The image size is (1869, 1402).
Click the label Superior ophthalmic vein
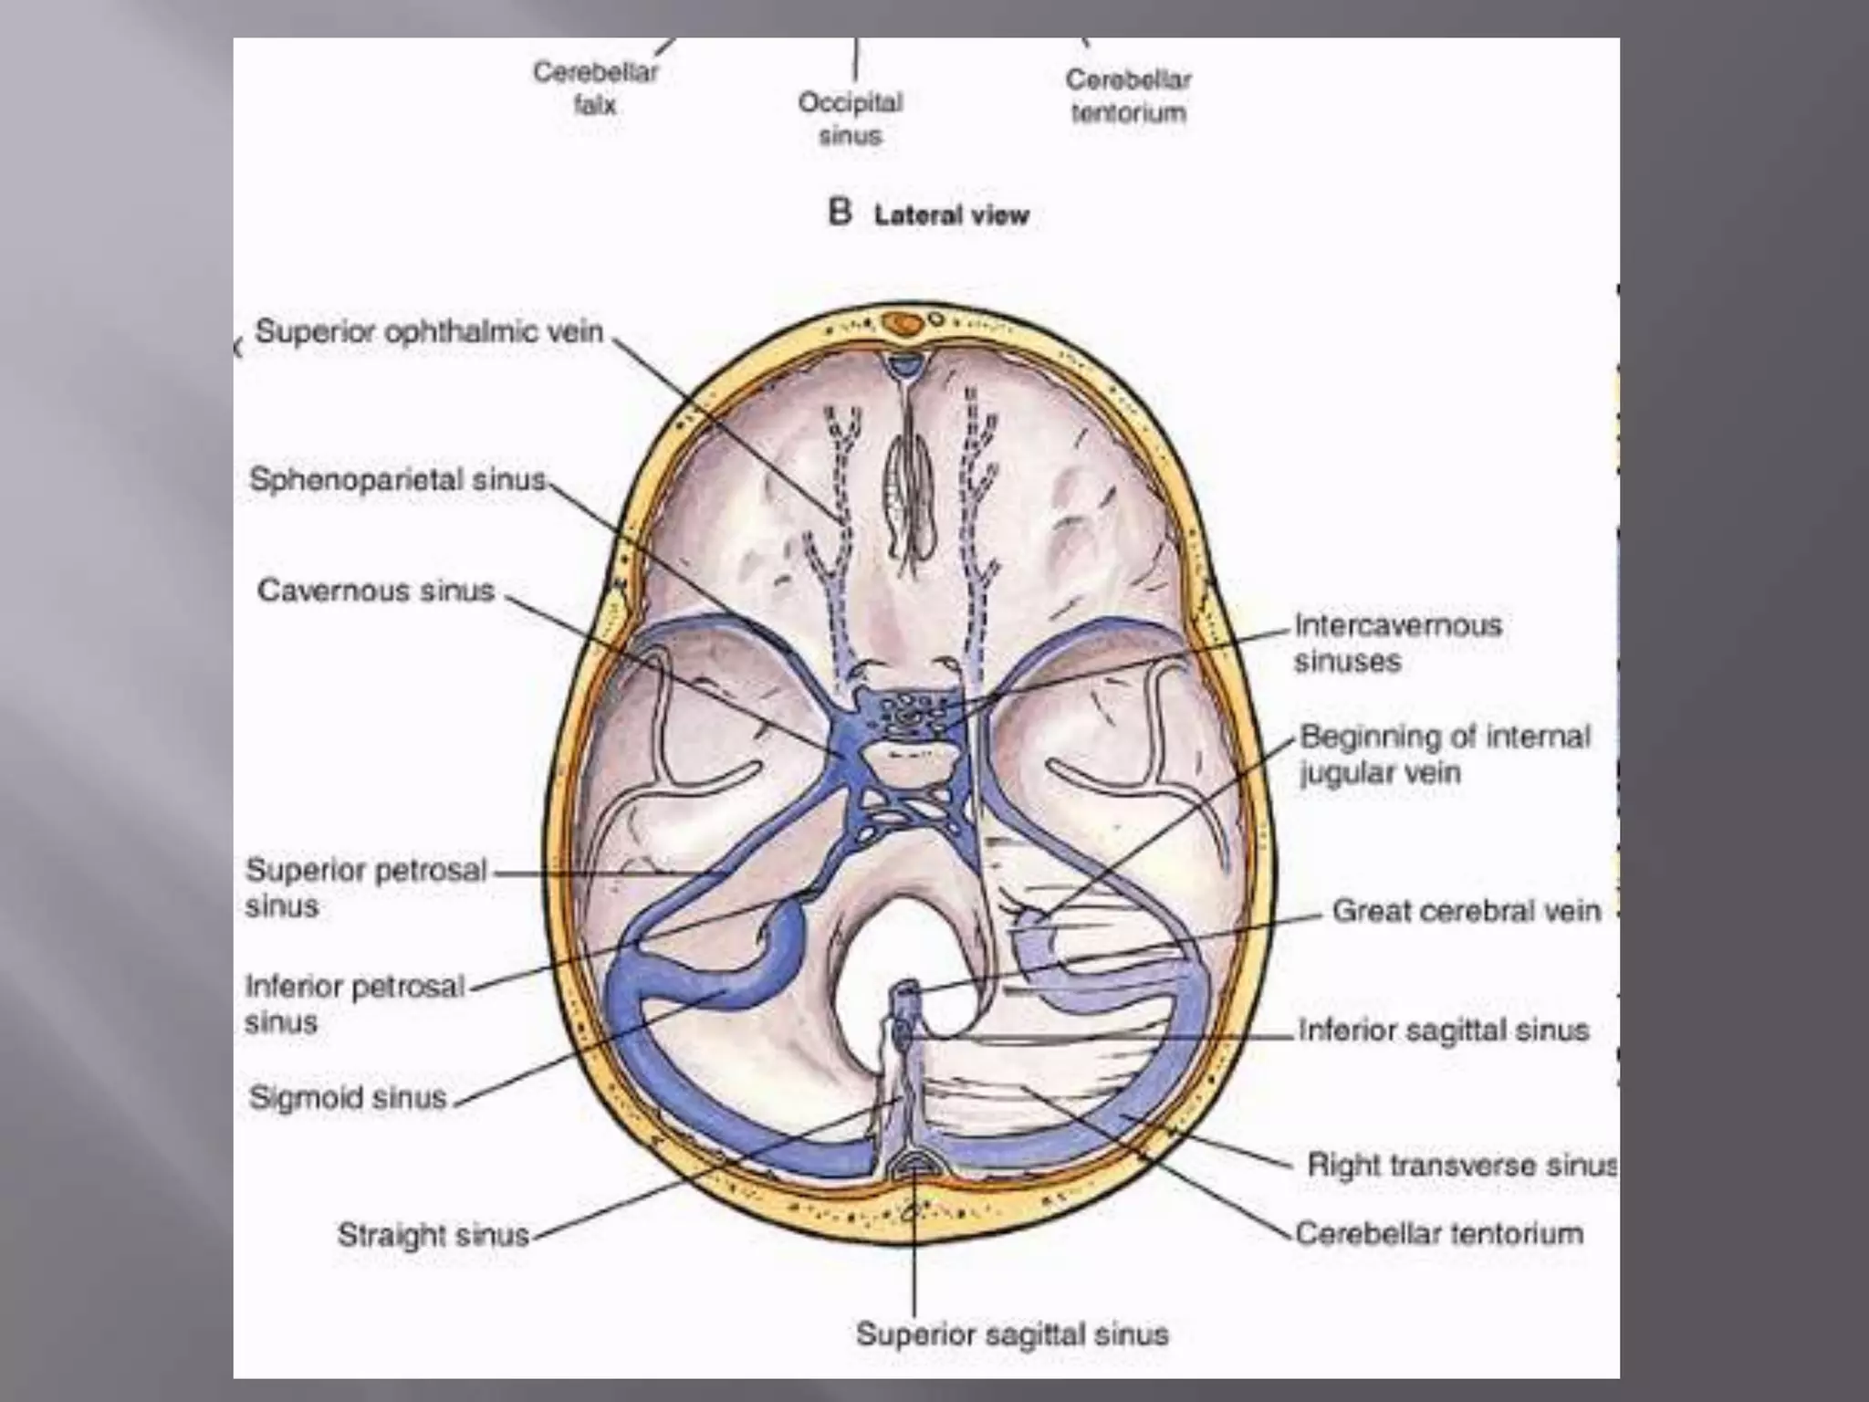pyautogui.click(x=429, y=331)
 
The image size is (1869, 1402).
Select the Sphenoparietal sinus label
pyautogui.click(x=398, y=479)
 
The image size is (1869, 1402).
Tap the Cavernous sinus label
pyautogui.click(x=376, y=591)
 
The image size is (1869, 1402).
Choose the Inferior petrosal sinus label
pyautogui.click(x=355, y=1003)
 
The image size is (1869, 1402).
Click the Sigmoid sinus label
pyautogui.click(x=348, y=1097)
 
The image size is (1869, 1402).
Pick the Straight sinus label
pyautogui.click(x=433, y=1235)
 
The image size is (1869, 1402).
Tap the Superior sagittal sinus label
pyautogui.click(x=1012, y=1334)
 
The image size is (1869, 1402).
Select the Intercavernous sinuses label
pyautogui.click(x=1397, y=643)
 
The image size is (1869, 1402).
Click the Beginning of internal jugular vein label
pyautogui.click(x=1445, y=754)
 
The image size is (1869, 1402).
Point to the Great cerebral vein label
pyautogui.click(x=1466, y=911)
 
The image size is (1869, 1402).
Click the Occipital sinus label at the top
pyautogui.click(x=851, y=119)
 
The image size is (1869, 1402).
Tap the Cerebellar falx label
pyautogui.click(x=595, y=88)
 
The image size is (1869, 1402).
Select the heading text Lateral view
pyautogui.click(x=951, y=215)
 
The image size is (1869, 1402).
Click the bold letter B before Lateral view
pyautogui.click(x=840, y=213)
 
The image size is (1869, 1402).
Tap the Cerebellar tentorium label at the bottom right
pyautogui.click(x=1439, y=1234)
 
